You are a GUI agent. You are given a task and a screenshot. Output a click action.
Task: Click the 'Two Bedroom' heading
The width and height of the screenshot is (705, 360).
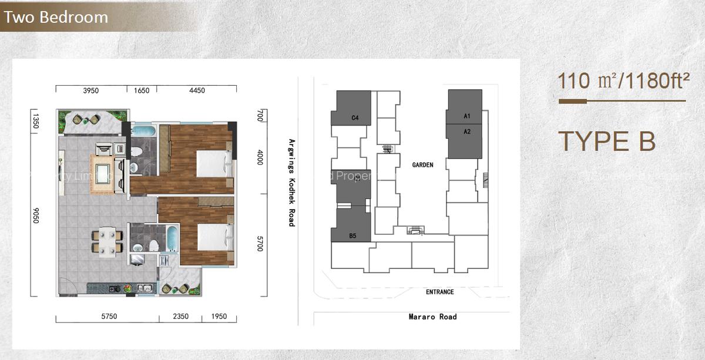(x=56, y=17)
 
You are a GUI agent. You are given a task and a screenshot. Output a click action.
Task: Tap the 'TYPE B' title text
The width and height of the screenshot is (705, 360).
(x=606, y=142)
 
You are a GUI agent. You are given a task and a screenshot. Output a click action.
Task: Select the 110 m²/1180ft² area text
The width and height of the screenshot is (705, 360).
(x=623, y=80)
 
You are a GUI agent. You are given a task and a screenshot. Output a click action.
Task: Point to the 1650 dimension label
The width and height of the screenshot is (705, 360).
(x=142, y=90)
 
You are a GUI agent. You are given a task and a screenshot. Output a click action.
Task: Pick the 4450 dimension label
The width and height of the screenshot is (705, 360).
(x=197, y=90)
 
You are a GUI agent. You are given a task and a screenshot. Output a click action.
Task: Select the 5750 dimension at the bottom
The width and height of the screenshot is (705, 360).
(x=109, y=317)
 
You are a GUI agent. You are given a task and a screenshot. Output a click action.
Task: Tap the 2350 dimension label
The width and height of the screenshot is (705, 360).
(x=180, y=317)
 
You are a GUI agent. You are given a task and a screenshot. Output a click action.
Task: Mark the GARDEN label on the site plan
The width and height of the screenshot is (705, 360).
(x=422, y=165)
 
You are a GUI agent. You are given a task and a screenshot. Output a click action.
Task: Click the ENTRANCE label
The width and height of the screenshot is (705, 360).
(x=439, y=292)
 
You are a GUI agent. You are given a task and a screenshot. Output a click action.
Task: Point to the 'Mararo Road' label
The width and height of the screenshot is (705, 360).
(x=432, y=317)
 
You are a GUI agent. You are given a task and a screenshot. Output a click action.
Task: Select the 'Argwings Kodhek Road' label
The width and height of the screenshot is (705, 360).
(x=291, y=183)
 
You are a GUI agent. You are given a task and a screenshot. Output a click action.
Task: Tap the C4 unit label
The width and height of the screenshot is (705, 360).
(x=355, y=118)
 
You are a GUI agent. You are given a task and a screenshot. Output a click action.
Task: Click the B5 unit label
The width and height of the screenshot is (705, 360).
(x=352, y=235)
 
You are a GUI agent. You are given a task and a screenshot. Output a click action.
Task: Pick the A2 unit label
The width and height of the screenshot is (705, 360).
(x=467, y=132)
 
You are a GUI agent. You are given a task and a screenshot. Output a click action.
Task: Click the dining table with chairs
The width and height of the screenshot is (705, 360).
(x=108, y=242)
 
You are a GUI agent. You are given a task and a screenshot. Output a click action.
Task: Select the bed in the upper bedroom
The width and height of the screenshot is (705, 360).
(x=212, y=163)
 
